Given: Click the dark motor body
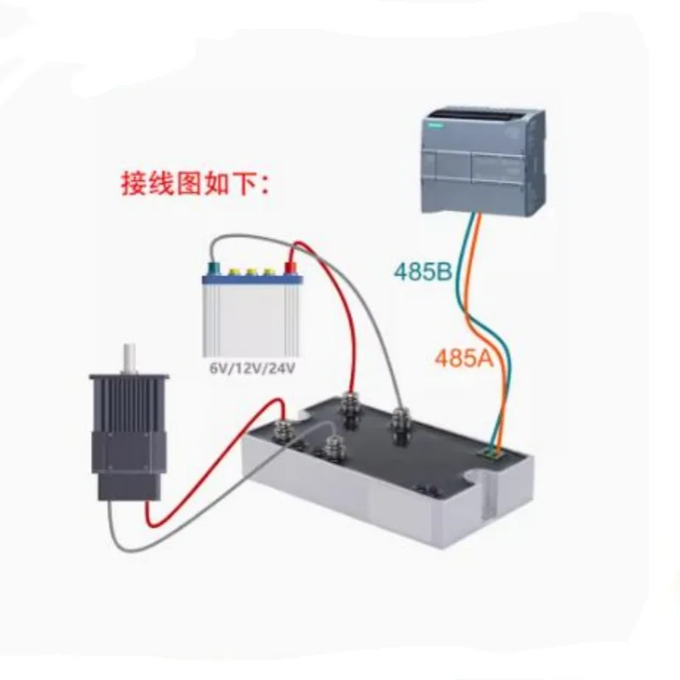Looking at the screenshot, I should (x=128, y=433).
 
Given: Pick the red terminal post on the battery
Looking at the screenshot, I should (x=289, y=270).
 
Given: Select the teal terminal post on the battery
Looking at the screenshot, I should (x=209, y=271).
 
